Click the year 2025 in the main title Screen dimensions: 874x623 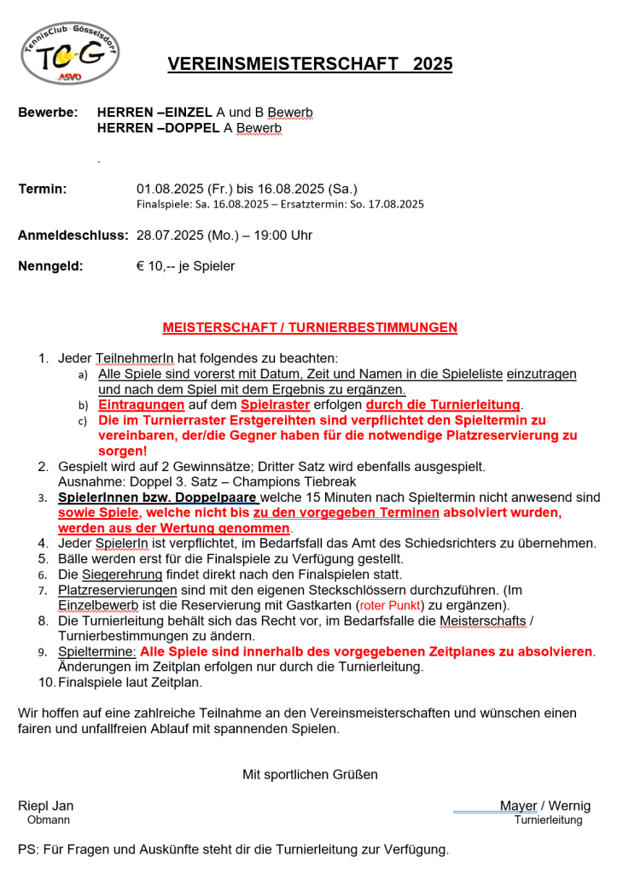click(x=433, y=64)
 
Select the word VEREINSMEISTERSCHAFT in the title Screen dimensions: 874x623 click(x=282, y=64)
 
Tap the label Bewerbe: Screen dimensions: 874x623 click(x=48, y=113)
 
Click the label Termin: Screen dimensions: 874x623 click(x=43, y=189)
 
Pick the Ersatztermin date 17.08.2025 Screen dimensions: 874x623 click(x=396, y=205)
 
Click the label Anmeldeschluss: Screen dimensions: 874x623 click(x=73, y=235)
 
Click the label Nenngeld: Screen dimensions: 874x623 click(x=50, y=265)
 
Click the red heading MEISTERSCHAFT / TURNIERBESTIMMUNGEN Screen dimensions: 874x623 click(x=310, y=327)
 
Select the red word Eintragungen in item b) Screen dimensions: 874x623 click(x=142, y=405)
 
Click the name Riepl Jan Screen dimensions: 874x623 click(x=46, y=806)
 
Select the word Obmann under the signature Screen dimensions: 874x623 click(x=49, y=820)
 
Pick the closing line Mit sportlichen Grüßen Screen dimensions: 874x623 click(x=310, y=774)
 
